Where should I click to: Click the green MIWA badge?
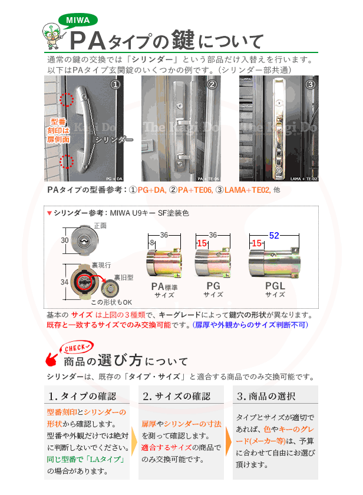(x=77, y=20)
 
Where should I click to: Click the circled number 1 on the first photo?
(x=115, y=85)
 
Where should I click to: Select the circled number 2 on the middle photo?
(x=212, y=85)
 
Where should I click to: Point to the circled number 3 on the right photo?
(x=311, y=84)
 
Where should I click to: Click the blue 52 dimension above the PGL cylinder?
(x=274, y=235)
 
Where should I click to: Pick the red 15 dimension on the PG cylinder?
(x=201, y=243)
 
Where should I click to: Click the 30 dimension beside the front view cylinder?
(x=65, y=240)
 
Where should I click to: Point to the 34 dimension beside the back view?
(x=65, y=282)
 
